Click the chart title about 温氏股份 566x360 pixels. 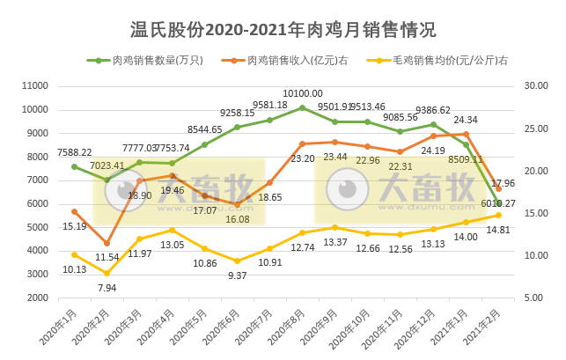click(x=283, y=30)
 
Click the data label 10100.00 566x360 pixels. click(x=303, y=93)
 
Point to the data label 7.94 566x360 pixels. click(x=107, y=287)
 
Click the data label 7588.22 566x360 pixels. click(x=76, y=151)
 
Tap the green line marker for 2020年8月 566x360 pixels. click(x=302, y=108)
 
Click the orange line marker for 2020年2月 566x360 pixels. click(x=107, y=243)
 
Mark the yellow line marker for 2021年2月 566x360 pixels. click(x=498, y=215)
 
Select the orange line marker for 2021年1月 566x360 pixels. click(x=466, y=134)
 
